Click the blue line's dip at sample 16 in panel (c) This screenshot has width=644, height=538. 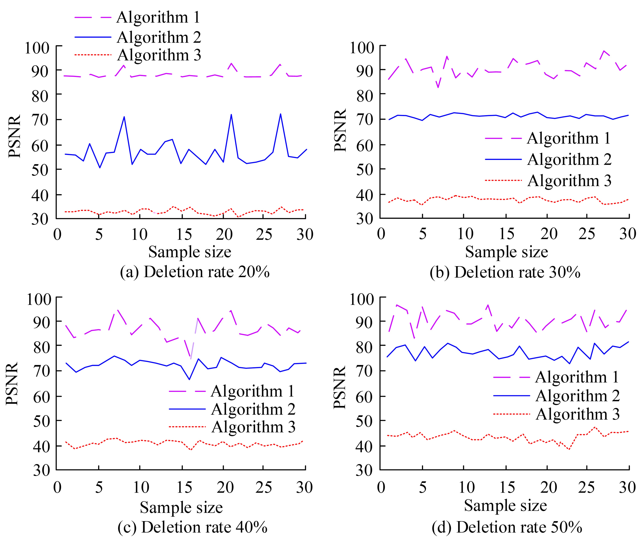tap(189, 379)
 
